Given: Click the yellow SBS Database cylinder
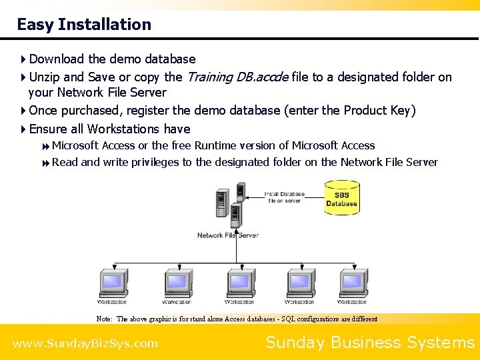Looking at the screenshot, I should click(341, 198).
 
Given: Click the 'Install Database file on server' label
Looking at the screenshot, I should click(285, 197).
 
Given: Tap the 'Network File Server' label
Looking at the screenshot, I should click(227, 235).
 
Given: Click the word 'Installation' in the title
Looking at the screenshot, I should click(105, 25).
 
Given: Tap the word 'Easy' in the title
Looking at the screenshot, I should click(35, 25).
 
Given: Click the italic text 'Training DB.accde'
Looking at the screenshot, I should click(237, 77).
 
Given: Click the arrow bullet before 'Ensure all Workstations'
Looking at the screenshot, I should click(23, 129).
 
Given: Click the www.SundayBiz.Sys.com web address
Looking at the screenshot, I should click(85, 344).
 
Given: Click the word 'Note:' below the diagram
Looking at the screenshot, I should click(104, 319).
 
